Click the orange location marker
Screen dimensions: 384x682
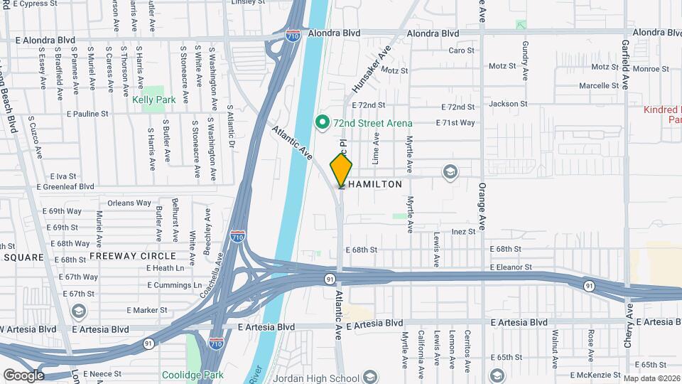(x=341, y=169)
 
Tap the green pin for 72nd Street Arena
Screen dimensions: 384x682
(x=321, y=122)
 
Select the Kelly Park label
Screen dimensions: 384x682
(x=153, y=100)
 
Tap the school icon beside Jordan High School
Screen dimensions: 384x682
(x=369, y=375)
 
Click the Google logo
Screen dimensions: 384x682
(x=23, y=375)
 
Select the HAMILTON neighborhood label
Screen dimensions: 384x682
(x=374, y=184)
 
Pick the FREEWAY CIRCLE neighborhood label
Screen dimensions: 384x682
(x=133, y=255)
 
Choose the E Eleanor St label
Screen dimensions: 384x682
(x=511, y=267)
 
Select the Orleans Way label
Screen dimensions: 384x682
(x=129, y=203)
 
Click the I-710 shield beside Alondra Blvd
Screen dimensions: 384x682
(x=292, y=35)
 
